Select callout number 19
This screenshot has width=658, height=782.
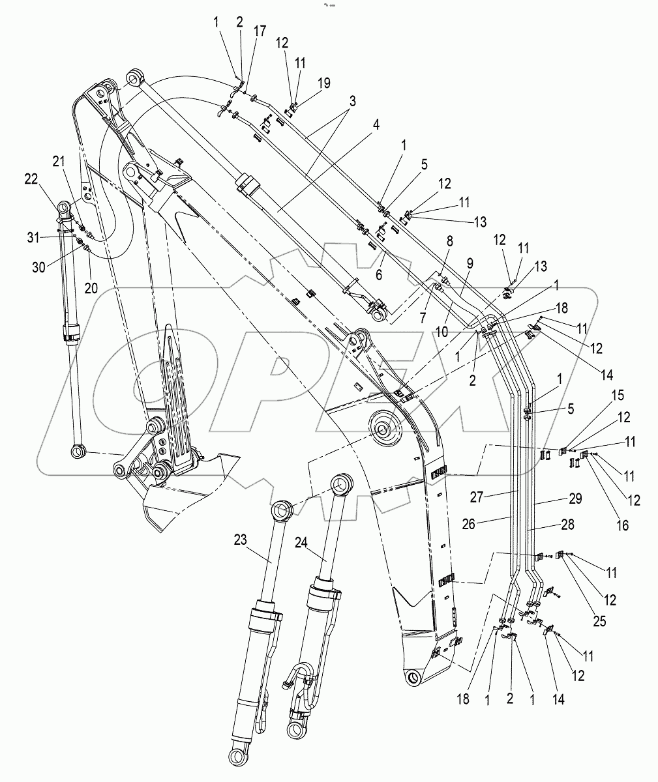[324, 83]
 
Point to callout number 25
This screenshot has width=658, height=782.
[599, 621]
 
